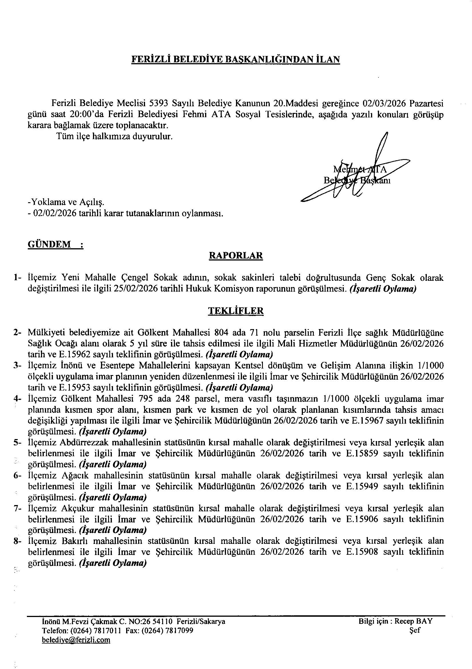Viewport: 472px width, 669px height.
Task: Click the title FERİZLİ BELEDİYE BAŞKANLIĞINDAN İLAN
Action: [236, 59]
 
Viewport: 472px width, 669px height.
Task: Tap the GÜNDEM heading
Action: [49, 244]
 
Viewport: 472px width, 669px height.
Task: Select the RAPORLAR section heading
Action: [236, 256]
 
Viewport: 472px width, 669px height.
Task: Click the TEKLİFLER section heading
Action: [236, 311]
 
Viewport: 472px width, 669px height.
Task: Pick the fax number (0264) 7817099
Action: [169, 630]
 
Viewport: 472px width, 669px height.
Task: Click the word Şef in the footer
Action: [415, 630]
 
